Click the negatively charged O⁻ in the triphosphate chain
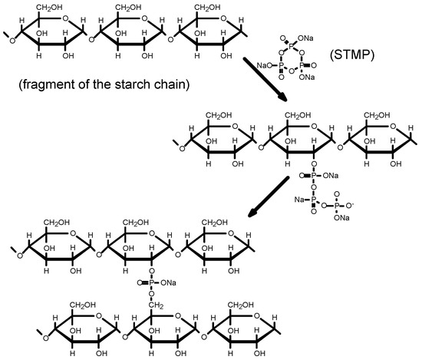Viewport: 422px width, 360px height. coord(350,205)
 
